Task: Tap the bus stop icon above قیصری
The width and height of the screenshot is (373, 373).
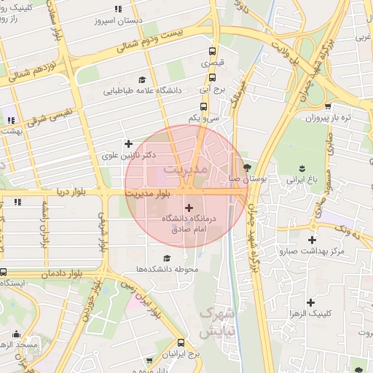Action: point(212,52)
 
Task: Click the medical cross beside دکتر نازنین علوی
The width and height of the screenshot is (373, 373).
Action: point(128,144)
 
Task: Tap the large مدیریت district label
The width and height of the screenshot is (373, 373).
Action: point(186,169)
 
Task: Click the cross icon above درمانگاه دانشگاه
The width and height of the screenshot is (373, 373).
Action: point(189,208)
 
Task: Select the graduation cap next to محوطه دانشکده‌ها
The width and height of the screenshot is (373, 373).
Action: point(168,258)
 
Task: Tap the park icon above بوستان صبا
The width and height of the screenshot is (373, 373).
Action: point(247,166)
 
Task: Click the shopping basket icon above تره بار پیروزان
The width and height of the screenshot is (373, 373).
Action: point(367,105)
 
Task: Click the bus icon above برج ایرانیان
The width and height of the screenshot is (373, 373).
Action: point(181,342)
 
